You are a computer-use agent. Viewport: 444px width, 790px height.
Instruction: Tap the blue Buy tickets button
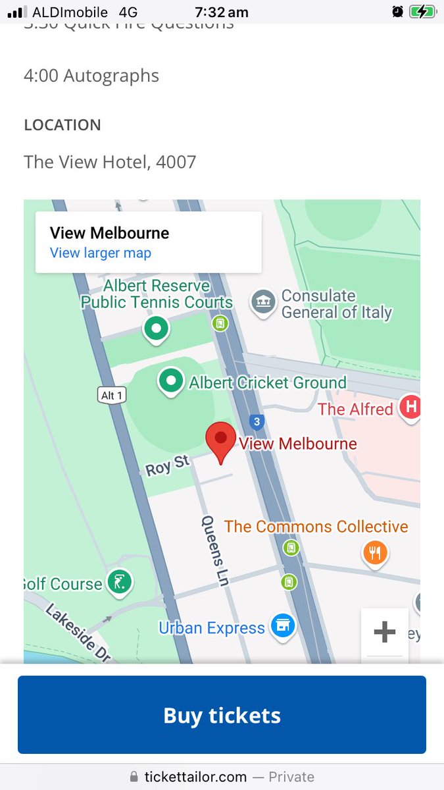pos(222,715)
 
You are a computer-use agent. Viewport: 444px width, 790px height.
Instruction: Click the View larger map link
pos(101,253)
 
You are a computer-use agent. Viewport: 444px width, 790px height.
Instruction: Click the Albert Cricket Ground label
pos(268,382)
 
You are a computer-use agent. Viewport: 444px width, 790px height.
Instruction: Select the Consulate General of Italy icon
pos(263,303)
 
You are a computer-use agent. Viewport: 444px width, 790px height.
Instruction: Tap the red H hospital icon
pos(411,408)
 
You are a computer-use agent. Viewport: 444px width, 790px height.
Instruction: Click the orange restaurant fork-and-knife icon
pos(375,553)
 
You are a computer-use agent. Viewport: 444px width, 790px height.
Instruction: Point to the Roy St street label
pos(167,465)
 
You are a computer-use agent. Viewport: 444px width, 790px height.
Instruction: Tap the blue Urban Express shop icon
pos(284,626)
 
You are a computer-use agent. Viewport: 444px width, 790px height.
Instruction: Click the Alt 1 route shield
pos(111,395)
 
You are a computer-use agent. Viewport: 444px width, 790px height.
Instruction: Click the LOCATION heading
pos(62,125)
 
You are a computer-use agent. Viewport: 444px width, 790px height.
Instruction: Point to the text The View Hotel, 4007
pos(110,162)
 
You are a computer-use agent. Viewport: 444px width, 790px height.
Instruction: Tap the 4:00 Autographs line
pos(91,76)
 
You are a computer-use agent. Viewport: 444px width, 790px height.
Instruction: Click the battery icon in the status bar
pos(420,11)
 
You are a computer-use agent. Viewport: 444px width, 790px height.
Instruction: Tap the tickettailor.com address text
pos(196,777)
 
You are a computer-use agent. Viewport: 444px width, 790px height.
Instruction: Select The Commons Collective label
pos(316,527)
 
